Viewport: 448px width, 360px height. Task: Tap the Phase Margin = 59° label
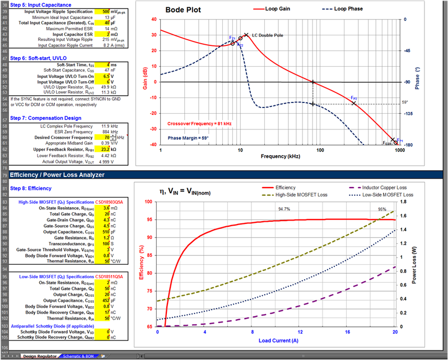point(188,137)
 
